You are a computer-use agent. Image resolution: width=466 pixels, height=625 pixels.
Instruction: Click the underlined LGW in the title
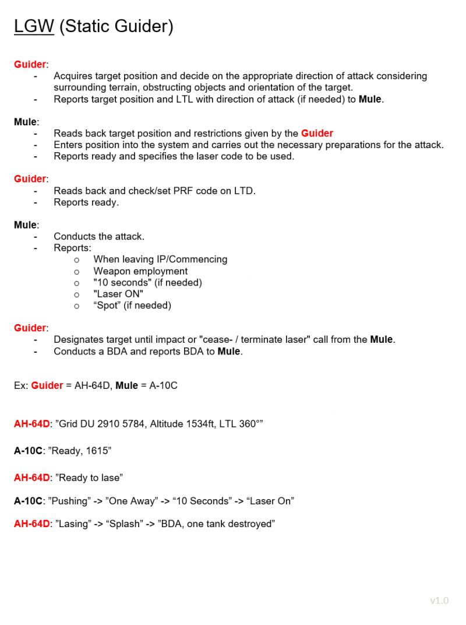pyautogui.click(x=34, y=27)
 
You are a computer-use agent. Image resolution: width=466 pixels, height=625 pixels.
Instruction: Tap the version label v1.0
pyautogui.click(x=439, y=601)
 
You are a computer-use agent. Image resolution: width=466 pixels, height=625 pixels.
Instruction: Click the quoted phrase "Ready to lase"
pyautogui.click(x=89, y=477)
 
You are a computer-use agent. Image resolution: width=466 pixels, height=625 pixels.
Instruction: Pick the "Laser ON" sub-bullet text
pyautogui.click(x=118, y=294)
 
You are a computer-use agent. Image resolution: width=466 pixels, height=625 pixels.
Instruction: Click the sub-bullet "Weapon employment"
pyautogui.click(x=140, y=271)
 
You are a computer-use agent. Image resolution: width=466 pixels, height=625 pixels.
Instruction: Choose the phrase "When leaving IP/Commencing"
pyautogui.click(x=160, y=259)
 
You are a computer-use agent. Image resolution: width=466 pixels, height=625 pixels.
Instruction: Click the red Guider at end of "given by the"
pyautogui.click(x=317, y=134)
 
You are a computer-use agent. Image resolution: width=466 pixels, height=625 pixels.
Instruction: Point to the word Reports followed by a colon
pyautogui.click(x=72, y=248)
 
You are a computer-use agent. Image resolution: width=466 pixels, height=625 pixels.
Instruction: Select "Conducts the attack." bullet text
pyautogui.click(x=99, y=237)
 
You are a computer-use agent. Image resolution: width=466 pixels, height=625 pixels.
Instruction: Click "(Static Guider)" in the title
pyautogui.click(x=116, y=27)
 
